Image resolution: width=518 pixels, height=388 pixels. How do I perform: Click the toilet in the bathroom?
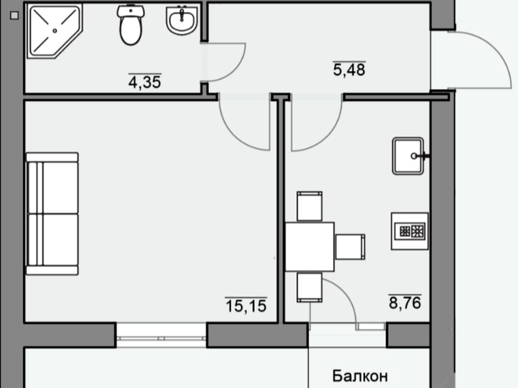coord(131,25)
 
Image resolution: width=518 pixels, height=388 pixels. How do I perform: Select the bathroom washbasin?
coord(182,20)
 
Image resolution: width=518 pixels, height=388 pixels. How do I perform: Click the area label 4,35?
coord(145,81)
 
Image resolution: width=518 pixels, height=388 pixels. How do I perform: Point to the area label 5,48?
coord(349,70)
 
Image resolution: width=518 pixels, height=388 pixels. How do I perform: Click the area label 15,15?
coord(246,305)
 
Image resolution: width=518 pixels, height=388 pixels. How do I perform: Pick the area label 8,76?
coord(405,302)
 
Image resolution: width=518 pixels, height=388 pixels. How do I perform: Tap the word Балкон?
coord(360,376)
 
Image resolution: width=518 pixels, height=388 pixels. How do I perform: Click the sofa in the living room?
coord(52,213)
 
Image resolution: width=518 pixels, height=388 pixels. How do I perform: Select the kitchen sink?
coord(409,156)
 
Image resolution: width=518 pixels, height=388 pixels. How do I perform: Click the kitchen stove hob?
coord(410,231)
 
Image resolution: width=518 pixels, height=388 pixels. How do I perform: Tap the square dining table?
coord(310,247)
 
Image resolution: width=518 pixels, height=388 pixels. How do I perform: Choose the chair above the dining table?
coord(310,206)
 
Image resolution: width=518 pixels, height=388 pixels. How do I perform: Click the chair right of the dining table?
coord(350,247)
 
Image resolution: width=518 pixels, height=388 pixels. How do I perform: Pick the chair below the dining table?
coord(310,287)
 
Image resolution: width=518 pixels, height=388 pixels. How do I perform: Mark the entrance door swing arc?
coord(495,53)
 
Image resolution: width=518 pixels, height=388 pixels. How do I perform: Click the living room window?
coord(161,335)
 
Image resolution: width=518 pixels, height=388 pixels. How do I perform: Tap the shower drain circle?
coord(55,31)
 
